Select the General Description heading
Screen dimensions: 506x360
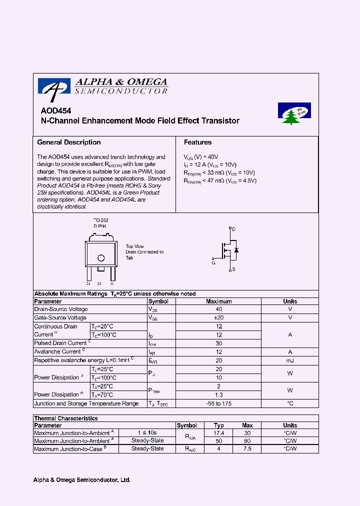69,142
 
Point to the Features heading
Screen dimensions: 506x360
197,142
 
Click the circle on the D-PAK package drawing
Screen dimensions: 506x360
101,258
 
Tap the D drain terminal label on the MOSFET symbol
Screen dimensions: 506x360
233,229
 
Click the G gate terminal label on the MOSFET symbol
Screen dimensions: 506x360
213,262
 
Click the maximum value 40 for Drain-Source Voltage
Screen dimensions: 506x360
218,309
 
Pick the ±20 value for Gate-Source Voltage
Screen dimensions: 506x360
218,318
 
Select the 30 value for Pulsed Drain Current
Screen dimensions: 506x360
218,343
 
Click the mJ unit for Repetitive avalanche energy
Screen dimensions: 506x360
290,360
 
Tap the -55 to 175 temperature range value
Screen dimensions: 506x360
218,403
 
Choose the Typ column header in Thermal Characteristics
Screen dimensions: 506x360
218,425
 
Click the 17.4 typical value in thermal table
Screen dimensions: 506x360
218,433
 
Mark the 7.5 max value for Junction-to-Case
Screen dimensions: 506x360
247,449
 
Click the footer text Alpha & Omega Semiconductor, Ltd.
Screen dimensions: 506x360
81,480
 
